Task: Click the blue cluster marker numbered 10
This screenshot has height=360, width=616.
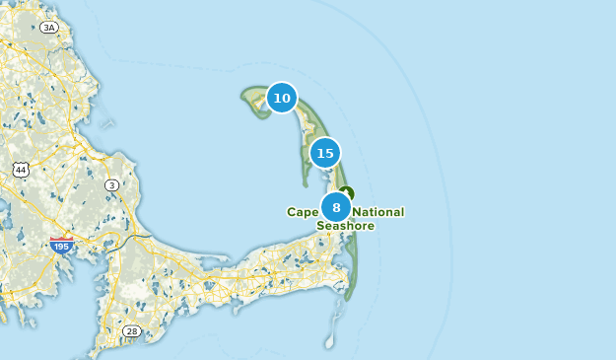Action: click(282, 98)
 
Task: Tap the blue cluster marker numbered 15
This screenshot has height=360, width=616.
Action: click(325, 153)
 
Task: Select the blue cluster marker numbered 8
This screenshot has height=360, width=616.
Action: click(336, 207)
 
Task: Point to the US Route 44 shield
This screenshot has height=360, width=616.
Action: click(21, 170)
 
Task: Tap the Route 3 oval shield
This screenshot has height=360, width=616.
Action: click(112, 184)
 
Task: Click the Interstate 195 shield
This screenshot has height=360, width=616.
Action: click(61, 244)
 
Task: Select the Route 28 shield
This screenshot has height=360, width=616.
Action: click(131, 330)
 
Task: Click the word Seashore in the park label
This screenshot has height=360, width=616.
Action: click(345, 226)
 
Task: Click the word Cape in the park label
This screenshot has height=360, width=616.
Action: click(303, 212)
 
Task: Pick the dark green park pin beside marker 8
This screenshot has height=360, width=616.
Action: click(345, 193)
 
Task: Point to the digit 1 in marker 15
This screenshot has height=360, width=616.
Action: click(319, 153)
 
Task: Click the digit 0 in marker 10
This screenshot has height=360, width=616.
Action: click(287, 98)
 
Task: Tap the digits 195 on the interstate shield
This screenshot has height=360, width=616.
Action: click(61, 245)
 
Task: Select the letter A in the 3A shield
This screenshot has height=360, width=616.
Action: click(52, 27)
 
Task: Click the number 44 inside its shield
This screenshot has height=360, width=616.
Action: click(21, 170)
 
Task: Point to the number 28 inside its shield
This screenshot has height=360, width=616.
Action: click(131, 330)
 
